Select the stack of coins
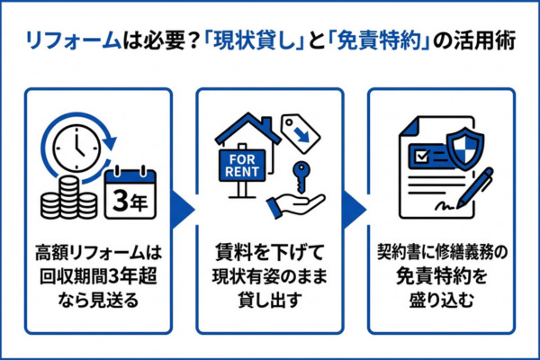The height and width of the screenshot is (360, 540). point(67,196)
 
